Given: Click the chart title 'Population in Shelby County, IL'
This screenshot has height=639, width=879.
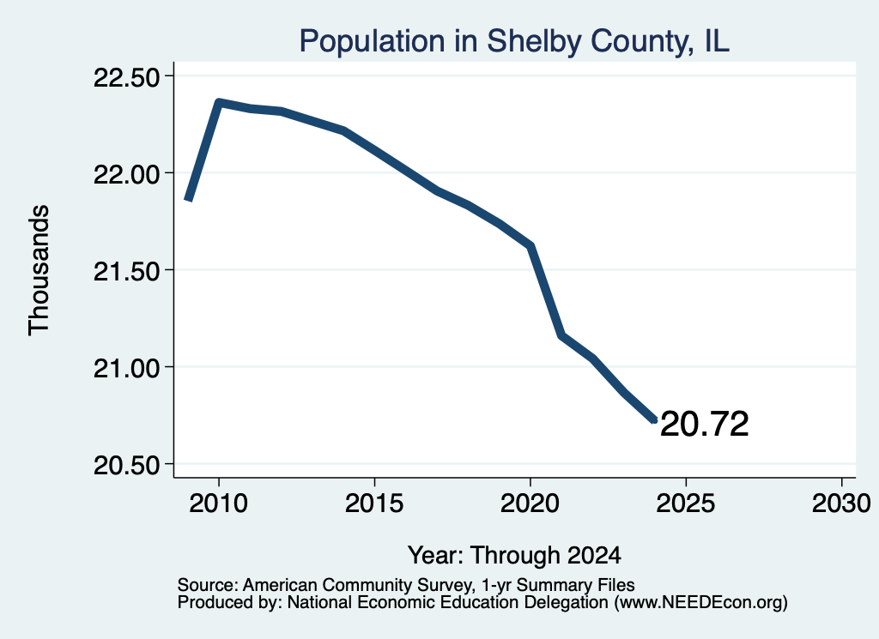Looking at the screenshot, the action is (x=514, y=41).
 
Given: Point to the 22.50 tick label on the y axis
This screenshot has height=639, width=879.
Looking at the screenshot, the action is (x=126, y=77).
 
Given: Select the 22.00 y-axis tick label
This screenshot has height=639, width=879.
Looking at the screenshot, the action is (x=126, y=174).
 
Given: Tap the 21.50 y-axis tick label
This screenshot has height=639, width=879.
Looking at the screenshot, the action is (x=126, y=271).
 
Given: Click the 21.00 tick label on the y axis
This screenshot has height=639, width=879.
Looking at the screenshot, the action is (x=126, y=368).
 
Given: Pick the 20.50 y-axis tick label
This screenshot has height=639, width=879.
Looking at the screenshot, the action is (x=126, y=465).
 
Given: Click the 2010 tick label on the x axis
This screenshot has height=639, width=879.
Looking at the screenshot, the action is (x=218, y=503).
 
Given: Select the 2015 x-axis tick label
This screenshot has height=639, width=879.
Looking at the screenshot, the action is (x=374, y=503).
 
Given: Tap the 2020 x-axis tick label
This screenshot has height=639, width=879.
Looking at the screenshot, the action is (x=530, y=503).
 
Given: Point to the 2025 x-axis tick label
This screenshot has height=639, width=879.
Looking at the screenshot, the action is (x=686, y=503).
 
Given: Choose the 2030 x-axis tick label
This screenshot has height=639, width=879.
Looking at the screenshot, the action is (x=841, y=503).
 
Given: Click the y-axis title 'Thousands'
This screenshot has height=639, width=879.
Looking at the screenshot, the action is (x=39, y=270).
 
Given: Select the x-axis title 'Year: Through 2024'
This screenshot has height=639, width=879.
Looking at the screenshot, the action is (x=514, y=555).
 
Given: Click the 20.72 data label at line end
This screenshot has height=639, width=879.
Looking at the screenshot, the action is (x=704, y=424).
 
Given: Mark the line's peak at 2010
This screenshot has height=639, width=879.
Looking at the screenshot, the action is (x=219, y=102).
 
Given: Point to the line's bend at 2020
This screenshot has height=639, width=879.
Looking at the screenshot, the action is (x=530, y=245).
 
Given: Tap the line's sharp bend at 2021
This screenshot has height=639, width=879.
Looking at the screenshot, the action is (x=561, y=335).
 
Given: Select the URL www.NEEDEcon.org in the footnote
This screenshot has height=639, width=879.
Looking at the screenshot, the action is (x=700, y=603).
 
